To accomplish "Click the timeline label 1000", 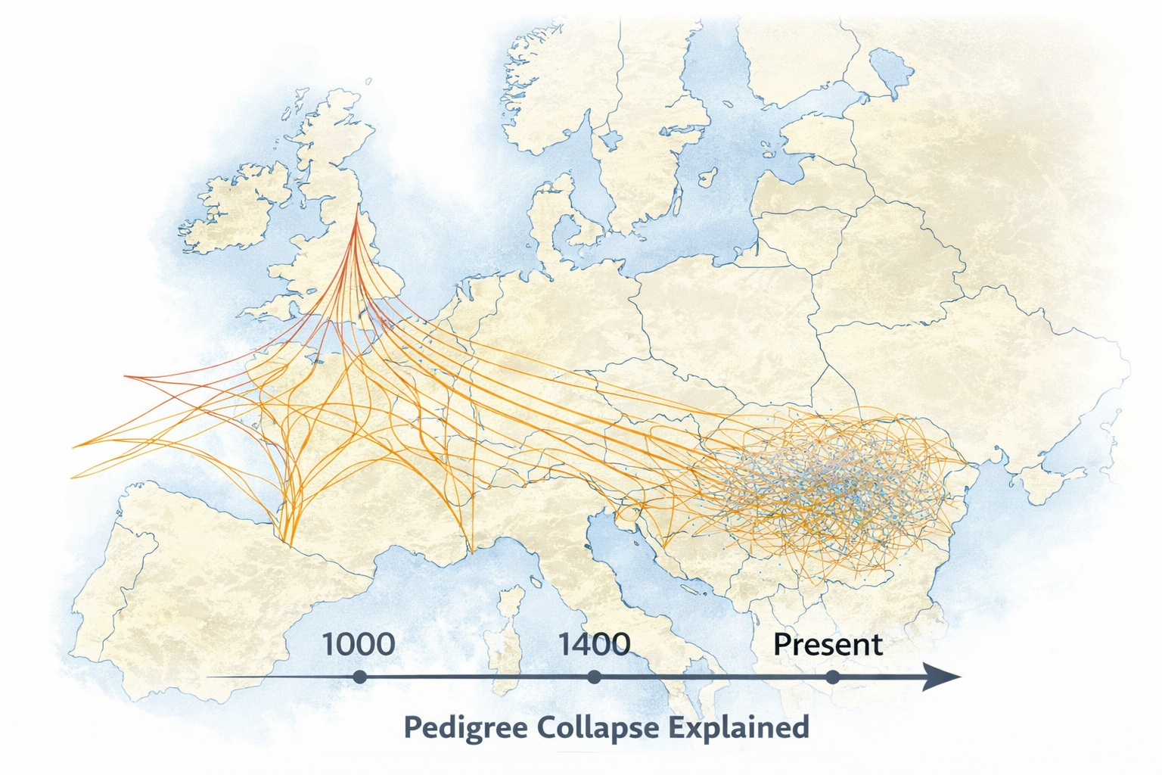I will [x=359, y=645].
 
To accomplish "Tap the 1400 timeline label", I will [x=594, y=645].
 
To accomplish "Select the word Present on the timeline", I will [x=828, y=645].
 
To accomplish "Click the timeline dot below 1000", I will [x=359, y=677].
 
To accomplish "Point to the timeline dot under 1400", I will [x=594, y=677].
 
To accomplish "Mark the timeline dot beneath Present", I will [x=832, y=677].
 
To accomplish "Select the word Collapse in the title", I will [x=598, y=727].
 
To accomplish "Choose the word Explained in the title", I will [x=740, y=727].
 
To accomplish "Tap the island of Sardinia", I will [x=503, y=658].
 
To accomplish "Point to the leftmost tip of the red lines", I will [x=126, y=376].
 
